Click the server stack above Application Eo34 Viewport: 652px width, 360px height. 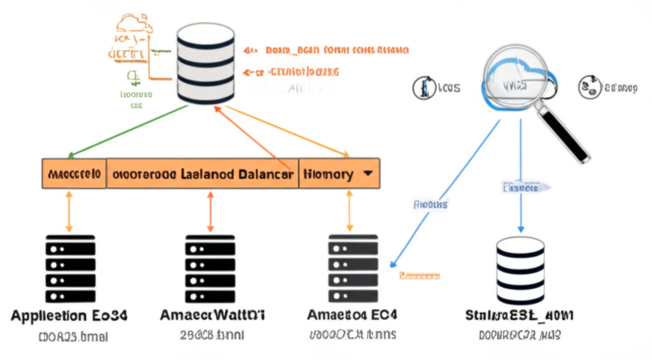69,268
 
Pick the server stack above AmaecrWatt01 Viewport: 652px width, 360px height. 210,268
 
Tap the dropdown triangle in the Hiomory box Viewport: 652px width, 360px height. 367,173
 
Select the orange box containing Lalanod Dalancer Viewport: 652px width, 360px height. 202,173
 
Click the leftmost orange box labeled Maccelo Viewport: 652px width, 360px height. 74,173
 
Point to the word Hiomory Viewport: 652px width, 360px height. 329,173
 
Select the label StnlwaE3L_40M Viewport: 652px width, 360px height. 520,315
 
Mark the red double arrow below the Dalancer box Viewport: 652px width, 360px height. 210,210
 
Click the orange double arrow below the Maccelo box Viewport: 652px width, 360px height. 69,210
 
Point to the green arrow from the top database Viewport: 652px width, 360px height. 127,131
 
